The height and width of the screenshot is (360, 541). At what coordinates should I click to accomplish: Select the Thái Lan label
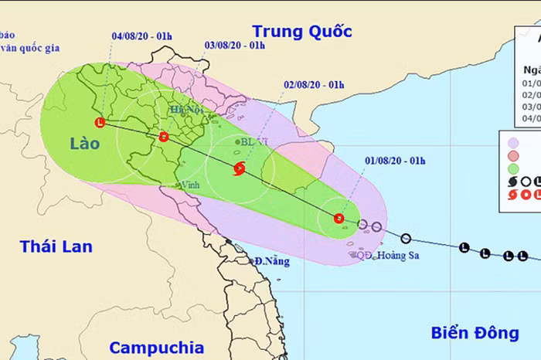pyautogui.click(x=56, y=247)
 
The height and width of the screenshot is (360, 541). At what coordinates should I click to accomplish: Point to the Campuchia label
pyautogui.click(x=156, y=347)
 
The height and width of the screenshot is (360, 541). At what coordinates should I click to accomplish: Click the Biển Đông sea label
pyautogui.click(x=474, y=333)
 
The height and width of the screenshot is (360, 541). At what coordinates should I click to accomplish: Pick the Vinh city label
pyautogui.click(x=189, y=185)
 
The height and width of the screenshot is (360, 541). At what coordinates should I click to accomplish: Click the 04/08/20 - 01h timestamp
pyautogui.click(x=141, y=35)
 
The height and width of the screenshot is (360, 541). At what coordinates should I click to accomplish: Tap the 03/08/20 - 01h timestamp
pyautogui.click(x=235, y=46)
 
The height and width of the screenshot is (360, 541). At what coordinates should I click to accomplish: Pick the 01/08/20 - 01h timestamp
pyautogui.click(x=394, y=160)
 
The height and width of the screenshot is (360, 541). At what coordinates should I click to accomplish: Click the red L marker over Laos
pyautogui.click(x=100, y=122)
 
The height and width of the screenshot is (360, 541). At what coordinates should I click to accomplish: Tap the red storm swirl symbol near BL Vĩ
pyautogui.click(x=239, y=168)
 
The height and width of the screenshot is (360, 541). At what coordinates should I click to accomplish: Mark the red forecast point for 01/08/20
pyautogui.click(x=339, y=218)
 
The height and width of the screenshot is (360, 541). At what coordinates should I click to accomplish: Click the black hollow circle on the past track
pyautogui.click(x=406, y=238)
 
